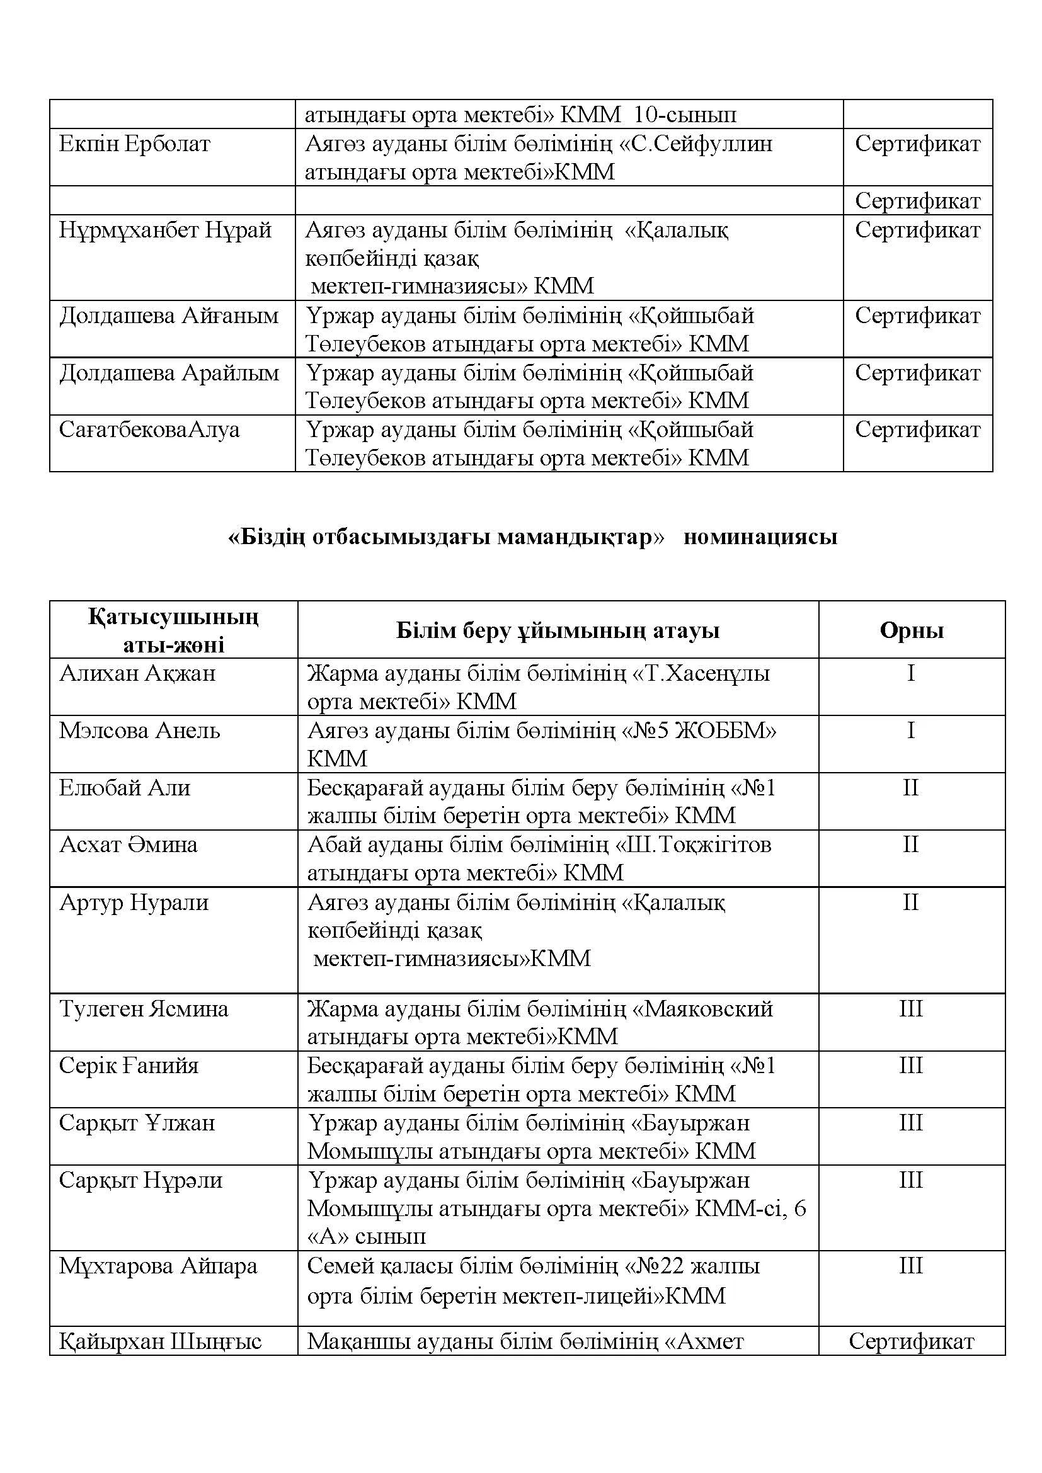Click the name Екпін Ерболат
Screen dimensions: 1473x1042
135,144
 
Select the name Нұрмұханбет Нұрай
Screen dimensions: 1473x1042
166,230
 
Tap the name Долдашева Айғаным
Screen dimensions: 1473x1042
169,316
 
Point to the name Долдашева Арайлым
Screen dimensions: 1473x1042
169,373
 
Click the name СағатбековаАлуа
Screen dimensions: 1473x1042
149,429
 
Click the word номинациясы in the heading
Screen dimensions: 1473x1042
760,537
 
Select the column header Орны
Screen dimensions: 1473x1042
912,630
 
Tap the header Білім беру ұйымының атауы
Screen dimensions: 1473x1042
558,630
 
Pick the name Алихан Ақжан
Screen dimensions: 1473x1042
138,673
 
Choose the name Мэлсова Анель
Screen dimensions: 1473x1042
140,730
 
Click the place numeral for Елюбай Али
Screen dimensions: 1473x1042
911,787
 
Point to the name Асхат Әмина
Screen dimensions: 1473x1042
129,845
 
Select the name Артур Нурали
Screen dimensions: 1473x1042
134,902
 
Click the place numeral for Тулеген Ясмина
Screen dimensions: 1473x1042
911,1008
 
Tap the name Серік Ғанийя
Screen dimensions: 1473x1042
129,1066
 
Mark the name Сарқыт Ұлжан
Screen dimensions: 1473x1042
137,1123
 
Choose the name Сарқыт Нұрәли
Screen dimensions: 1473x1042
141,1180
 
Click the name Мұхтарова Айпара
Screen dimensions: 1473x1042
159,1266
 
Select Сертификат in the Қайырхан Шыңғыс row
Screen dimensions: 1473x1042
911,1323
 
